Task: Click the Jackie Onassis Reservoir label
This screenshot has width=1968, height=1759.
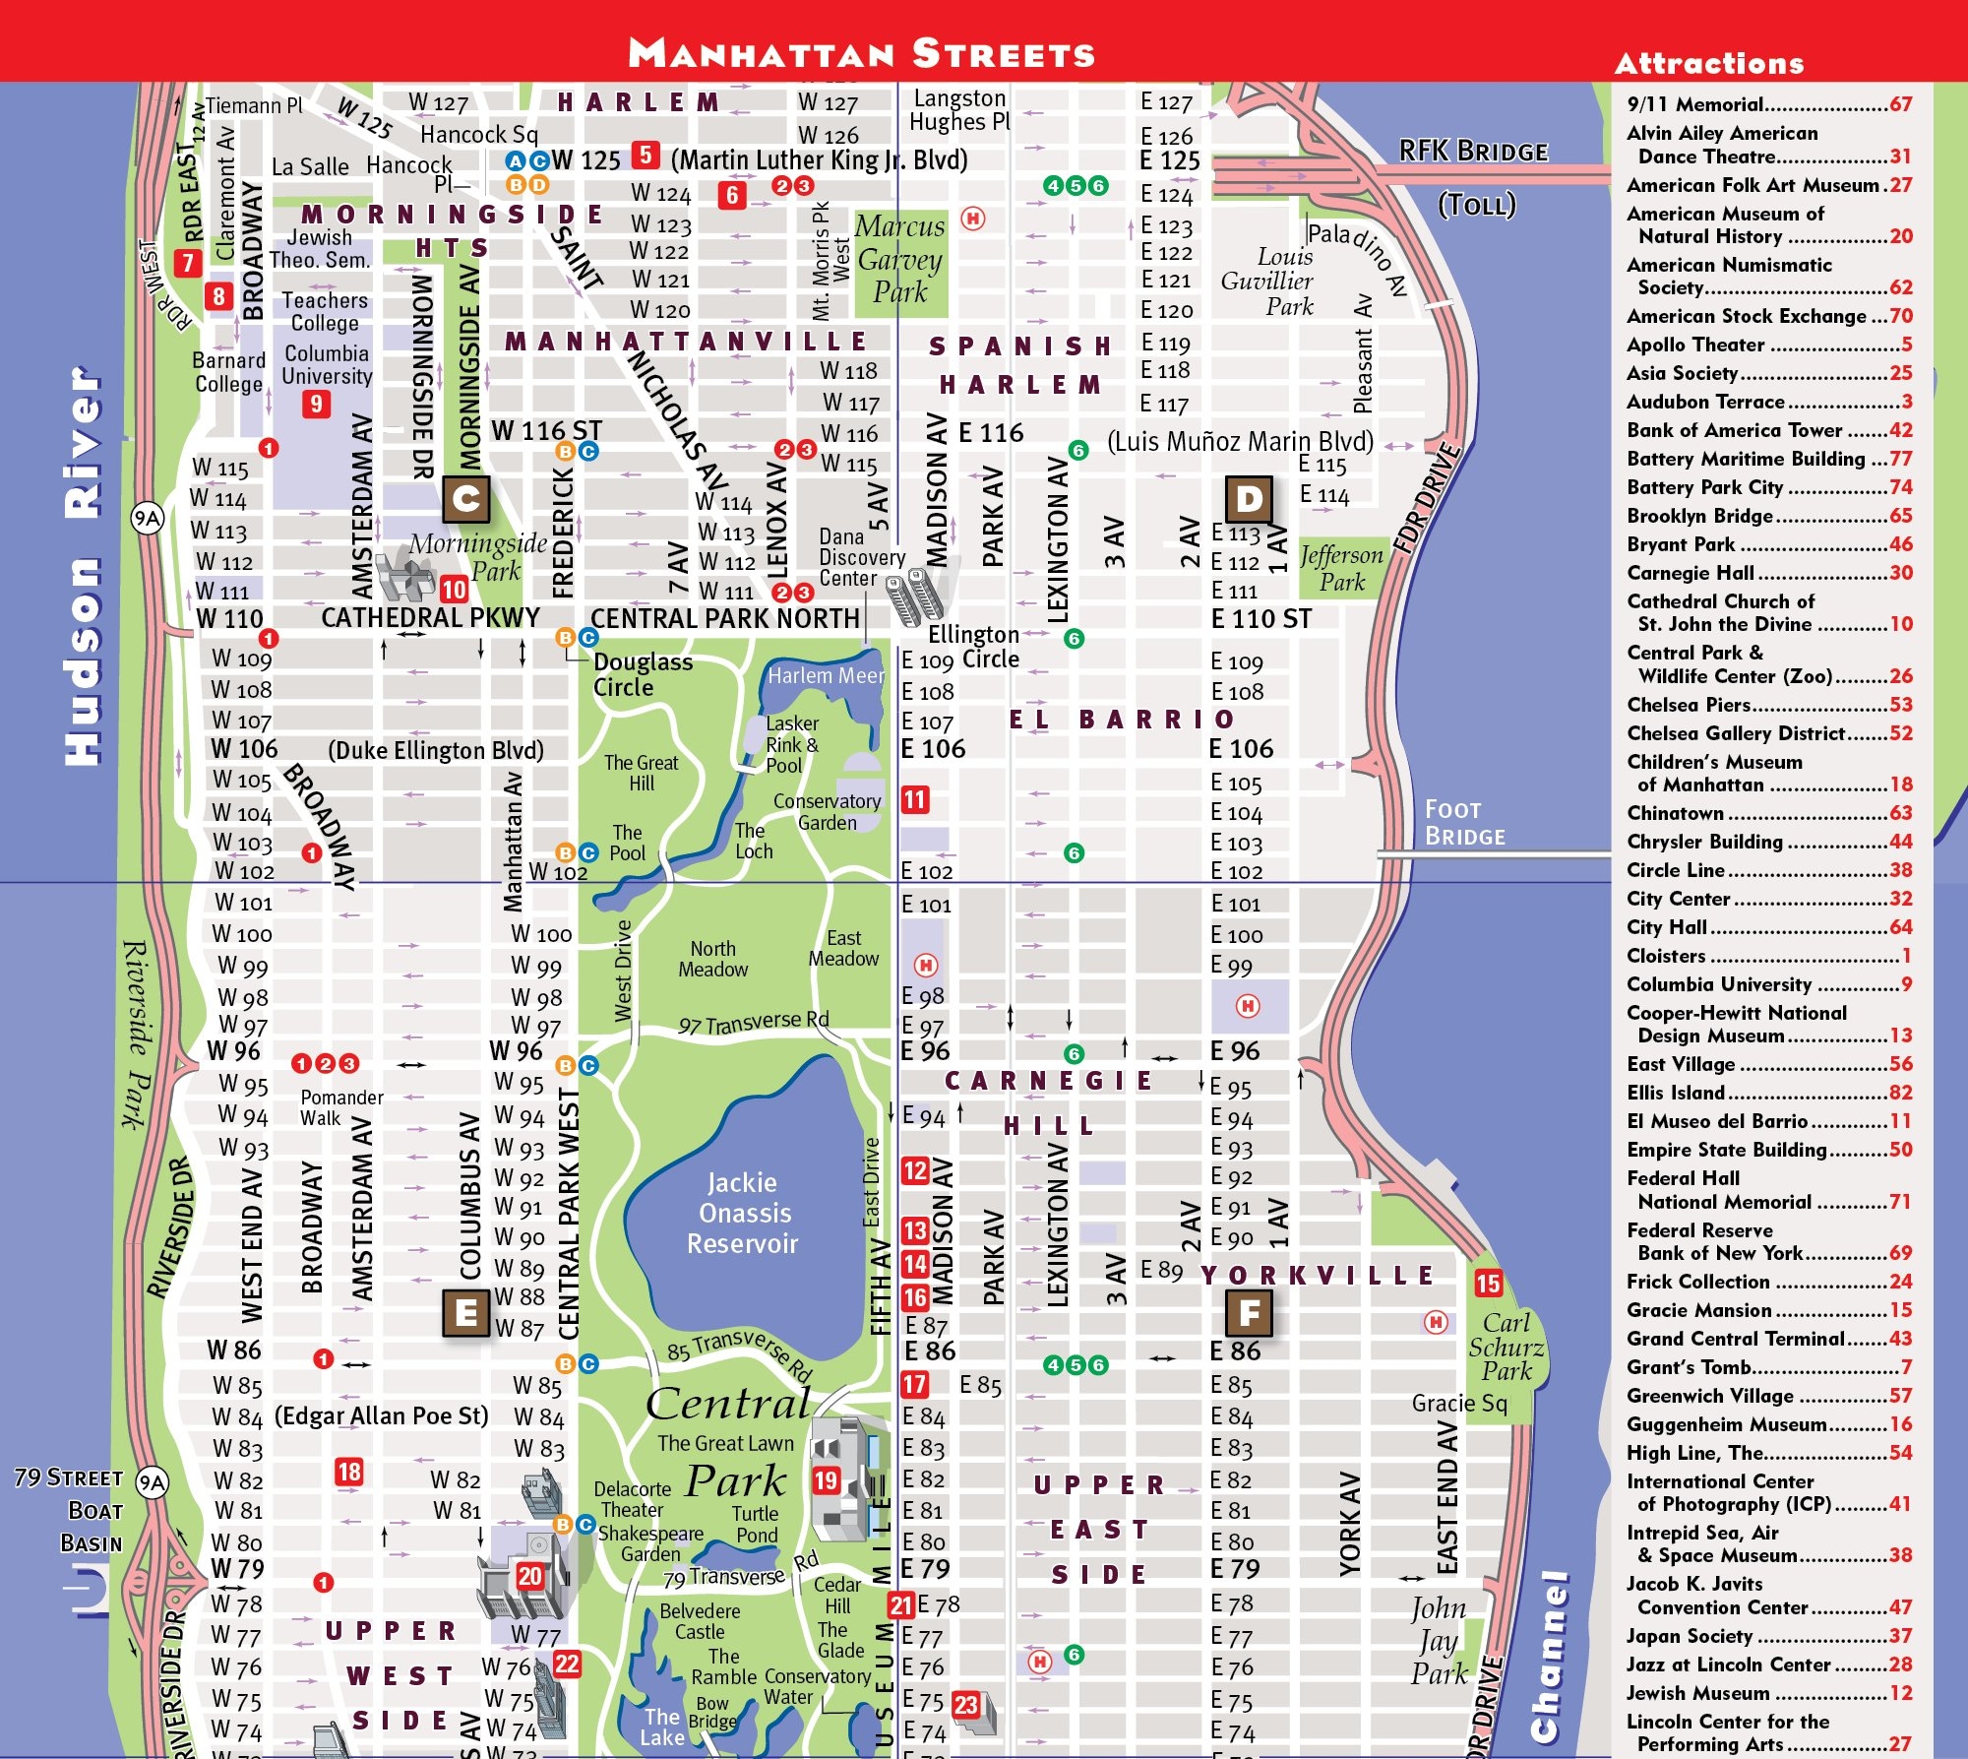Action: click(743, 1213)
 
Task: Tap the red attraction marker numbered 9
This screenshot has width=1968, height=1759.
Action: click(316, 404)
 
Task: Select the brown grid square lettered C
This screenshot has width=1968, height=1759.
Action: click(466, 499)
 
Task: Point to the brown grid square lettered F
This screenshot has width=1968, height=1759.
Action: click(1249, 1312)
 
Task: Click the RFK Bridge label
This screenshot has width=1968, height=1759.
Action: click(1473, 152)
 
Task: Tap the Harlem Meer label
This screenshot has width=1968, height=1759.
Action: click(826, 676)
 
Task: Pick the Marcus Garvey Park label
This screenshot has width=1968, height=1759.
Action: click(899, 259)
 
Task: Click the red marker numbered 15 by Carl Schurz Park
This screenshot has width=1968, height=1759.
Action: click(1488, 1283)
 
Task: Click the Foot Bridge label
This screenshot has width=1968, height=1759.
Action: click(1464, 823)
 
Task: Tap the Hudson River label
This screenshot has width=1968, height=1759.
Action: click(83, 566)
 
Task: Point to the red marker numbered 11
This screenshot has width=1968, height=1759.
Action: click(915, 799)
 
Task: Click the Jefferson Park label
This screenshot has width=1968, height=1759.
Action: click(1341, 568)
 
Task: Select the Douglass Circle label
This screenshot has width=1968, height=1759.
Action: click(642, 675)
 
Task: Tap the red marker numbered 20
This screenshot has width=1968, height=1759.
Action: click(529, 1576)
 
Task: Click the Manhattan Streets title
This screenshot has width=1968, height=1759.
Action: click(861, 52)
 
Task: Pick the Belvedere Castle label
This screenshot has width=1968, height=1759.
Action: click(700, 1621)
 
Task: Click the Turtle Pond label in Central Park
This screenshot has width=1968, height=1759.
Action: click(755, 1524)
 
